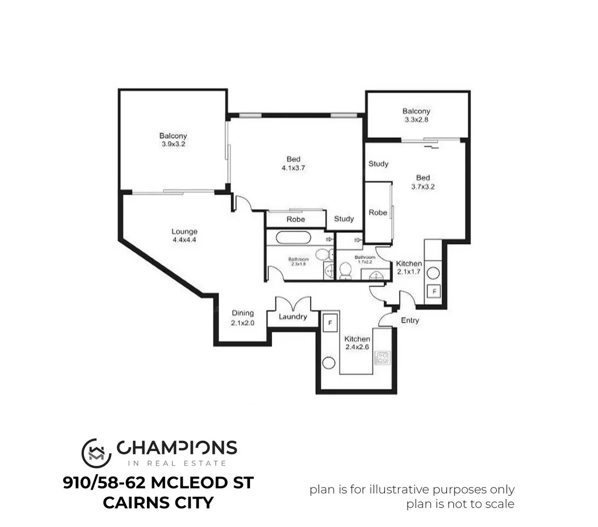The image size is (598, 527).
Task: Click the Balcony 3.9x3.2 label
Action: click(x=173, y=140)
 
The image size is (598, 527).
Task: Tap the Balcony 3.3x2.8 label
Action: click(x=416, y=115)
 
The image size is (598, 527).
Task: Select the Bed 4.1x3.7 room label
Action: click(x=293, y=163)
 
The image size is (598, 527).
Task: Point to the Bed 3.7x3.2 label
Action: click(x=423, y=182)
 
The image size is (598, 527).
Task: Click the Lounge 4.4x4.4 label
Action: click(x=184, y=236)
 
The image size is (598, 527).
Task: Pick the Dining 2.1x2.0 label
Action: click(x=243, y=318)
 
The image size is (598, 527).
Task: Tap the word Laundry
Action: click(x=293, y=317)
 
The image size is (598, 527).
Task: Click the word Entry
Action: click(x=410, y=321)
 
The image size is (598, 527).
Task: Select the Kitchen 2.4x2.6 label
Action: click(x=357, y=343)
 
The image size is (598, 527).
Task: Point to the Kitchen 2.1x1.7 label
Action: click(x=409, y=267)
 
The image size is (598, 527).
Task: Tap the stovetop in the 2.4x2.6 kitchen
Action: click(x=382, y=359)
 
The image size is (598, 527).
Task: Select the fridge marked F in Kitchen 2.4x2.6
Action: click(x=330, y=323)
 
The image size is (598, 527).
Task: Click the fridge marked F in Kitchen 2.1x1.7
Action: click(x=433, y=292)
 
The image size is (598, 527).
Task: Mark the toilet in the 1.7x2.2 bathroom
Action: click(x=345, y=271)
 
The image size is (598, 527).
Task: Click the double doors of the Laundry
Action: click(x=293, y=304)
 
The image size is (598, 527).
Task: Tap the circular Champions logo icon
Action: click(x=96, y=452)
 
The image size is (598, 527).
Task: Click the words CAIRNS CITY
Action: click(x=158, y=503)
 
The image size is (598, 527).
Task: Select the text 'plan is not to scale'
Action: click(x=460, y=504)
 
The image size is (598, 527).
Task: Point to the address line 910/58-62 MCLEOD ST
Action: click(x=158, y=483)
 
